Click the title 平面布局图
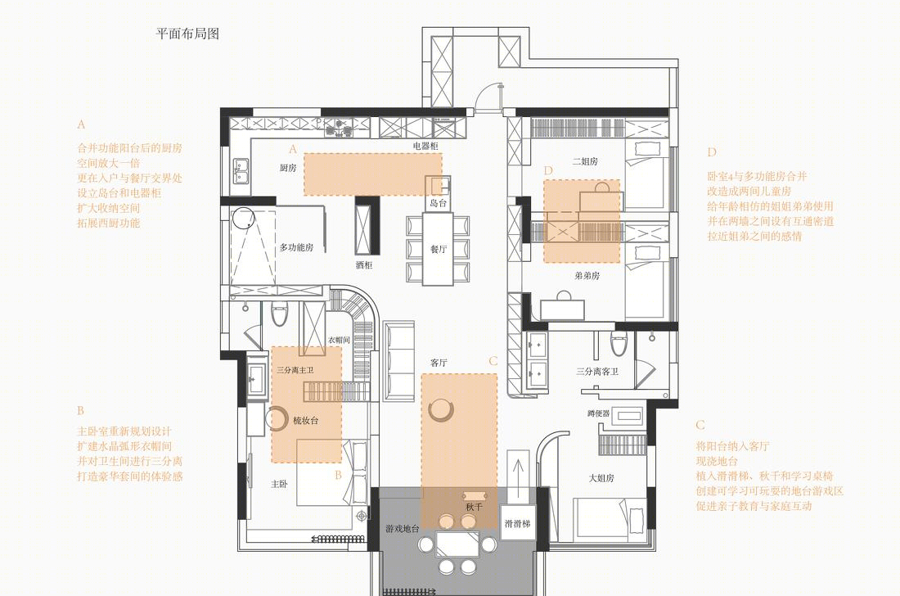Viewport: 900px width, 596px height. point(187,34)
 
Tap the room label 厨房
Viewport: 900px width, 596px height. point(288,168)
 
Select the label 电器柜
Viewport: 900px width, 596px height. point(425,146)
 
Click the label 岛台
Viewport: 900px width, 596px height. point(439,203)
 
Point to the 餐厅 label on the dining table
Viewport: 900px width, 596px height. point(439,249)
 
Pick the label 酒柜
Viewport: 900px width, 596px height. point(364,265)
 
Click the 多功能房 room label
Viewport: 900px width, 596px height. point(297,247)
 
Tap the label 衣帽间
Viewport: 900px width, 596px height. point(339,340)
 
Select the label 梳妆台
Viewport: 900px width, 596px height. point(305,420)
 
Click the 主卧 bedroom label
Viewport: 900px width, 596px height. point(279,484)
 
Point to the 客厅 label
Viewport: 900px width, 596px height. point(439,363)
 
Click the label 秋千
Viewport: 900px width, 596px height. point(474,507)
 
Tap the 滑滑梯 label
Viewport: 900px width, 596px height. point(517,524)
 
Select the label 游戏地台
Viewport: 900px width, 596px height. point(403,529)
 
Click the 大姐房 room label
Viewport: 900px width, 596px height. point(601,478)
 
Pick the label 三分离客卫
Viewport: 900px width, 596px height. point(597,372)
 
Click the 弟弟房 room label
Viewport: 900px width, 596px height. point(587,276)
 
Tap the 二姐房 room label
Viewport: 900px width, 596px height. point(585,161)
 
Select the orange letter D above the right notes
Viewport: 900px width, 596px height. point(712,152)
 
